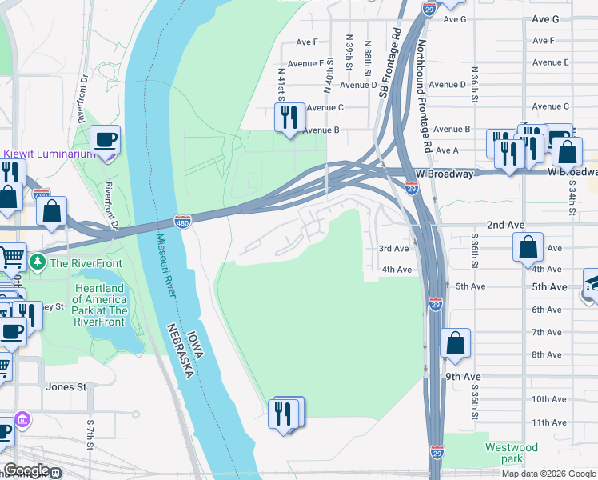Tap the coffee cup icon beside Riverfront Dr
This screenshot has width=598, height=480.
[105, 141]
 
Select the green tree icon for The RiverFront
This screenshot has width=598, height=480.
[37, 262]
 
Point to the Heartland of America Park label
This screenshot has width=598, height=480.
[100, 305]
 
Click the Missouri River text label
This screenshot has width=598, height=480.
[165, 265]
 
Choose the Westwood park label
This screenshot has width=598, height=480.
[512, 453]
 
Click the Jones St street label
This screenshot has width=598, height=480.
[66, 387]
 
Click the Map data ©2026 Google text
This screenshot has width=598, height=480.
[548, 474]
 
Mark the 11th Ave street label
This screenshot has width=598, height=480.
[549, 422]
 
